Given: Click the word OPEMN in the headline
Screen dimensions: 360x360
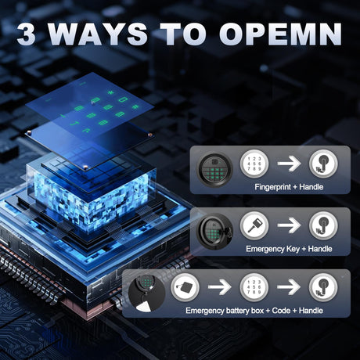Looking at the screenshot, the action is click(x=280, y=34).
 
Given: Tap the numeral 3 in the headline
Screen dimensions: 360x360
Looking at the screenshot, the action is click(x=27, y=34).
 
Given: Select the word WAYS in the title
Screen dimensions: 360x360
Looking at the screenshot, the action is click(x=98, y=34).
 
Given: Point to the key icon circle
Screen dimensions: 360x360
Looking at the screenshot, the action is click(x=254, y=225).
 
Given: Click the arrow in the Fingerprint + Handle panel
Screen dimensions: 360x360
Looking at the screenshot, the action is click(x=289, y=164).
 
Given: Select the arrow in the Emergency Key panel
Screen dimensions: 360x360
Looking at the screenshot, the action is click(x=289, y=225).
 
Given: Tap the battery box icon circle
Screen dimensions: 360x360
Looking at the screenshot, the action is click(x=185, y=287).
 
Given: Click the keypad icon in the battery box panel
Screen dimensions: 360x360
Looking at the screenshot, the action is click(x=254, y=287).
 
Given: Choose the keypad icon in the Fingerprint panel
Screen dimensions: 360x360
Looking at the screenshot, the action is click(x=254, y=164).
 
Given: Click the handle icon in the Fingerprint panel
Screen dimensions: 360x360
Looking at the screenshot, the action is click(x=323, y=164).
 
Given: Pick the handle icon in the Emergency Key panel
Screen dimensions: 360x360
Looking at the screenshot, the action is click(x=323, y=225).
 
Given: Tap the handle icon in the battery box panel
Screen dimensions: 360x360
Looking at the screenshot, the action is click(x=323, y=287).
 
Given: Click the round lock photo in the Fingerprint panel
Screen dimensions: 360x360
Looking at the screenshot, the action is click(x=214, y=170).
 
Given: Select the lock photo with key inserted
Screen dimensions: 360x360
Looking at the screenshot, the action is click(x=215, y=232).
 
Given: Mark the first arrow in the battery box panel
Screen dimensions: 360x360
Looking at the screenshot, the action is click(x=220, y=287).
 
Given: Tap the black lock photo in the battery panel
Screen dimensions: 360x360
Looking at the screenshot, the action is click(x=146, y=293).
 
